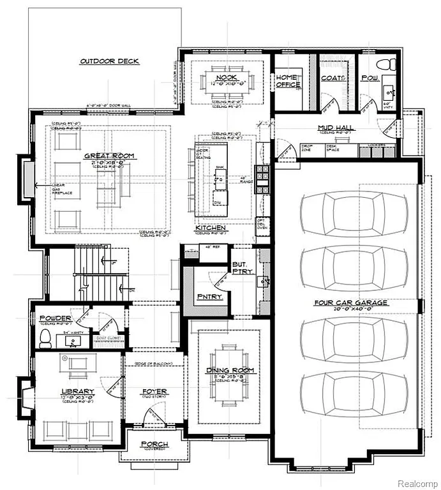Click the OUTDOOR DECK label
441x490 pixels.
click(109, 61)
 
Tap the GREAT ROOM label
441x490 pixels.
click(106, 156)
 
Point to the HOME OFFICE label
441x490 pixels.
click(288, 81)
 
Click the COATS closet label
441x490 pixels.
click(333, 78)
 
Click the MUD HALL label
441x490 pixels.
click(336, 128)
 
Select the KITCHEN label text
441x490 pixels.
click(211, 228)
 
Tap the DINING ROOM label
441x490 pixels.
click(230, 370)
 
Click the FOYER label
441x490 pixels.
click(154, 391)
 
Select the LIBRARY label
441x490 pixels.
click(78, 391)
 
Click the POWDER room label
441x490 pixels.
click(56, 318)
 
